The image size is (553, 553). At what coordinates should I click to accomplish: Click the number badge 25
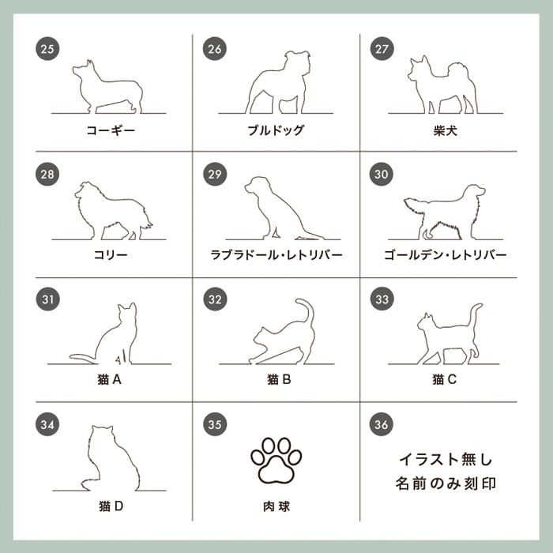tap(47, 49)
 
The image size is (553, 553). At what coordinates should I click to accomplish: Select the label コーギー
tap(111, 130)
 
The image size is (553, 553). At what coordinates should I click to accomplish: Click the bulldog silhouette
tap(278, 83)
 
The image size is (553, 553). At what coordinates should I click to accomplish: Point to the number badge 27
tap(382, 49)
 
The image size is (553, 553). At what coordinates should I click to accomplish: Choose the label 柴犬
tap(445, 131)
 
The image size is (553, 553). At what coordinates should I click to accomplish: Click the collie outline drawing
tap(114, 211)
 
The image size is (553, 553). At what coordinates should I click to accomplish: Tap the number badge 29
tap(214, 174)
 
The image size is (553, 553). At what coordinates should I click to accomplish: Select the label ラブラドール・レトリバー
tap(276, 254)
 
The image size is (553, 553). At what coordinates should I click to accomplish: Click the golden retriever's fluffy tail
tap(416, 208)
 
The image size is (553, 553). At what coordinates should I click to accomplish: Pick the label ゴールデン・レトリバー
tap(445, 254)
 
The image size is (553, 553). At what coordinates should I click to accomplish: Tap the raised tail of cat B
tap(307, 310)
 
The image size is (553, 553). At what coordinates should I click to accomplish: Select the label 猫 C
tap(444, 379)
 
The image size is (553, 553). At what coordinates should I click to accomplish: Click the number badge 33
tap(382, 299)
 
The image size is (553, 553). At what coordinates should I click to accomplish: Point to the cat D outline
tap(112, 458)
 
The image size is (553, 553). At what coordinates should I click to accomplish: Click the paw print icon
tap(276, 461)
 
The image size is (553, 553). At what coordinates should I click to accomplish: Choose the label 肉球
tap(276, 506)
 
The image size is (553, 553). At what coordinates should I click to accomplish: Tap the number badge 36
tap(382, 424)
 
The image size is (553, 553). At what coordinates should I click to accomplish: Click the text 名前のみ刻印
tap(446, 483)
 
